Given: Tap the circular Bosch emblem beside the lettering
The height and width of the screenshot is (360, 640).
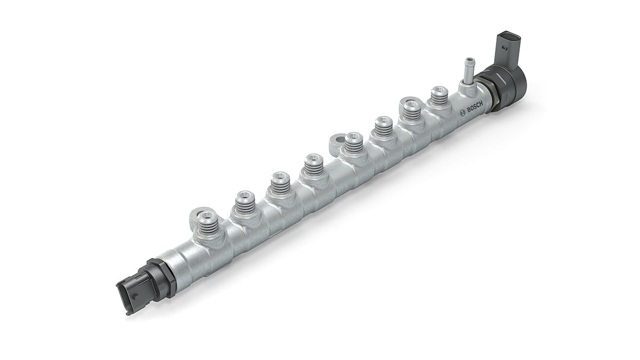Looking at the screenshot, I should point(463,113).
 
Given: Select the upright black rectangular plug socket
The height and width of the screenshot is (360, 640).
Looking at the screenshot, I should point(507,48).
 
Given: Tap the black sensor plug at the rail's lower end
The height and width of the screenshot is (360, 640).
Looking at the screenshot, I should point(131,291).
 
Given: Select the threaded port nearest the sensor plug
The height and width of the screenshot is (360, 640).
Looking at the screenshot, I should point(207,222).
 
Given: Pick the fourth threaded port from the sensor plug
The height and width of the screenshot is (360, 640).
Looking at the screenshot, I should point(314,164).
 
